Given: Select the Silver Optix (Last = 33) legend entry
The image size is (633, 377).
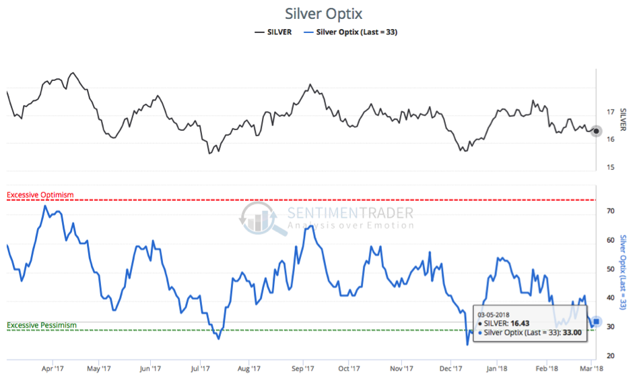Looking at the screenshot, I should [350, 32].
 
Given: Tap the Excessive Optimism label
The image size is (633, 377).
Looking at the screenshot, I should [40, 195].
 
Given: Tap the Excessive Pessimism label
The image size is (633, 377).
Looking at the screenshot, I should [42, 325].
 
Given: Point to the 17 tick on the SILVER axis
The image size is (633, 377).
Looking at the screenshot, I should [609, 112].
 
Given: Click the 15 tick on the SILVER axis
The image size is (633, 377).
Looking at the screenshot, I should [609, 167].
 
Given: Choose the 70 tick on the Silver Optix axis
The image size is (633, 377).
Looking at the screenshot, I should [610, 211].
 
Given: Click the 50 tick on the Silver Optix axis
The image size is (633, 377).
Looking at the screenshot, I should [610, 269].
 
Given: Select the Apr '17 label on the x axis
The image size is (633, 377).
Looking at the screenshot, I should [52, 369].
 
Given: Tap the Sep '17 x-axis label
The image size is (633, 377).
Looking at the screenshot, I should [304, 369].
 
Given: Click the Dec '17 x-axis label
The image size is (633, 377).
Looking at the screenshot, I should [451, 369].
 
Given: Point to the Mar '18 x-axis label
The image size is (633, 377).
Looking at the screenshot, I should [591, 369].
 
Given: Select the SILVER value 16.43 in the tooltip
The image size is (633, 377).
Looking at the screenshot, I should [525, 324].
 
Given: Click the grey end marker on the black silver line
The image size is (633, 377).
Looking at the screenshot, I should [596, 131].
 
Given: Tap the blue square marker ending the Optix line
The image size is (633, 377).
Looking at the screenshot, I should [596, 322].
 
